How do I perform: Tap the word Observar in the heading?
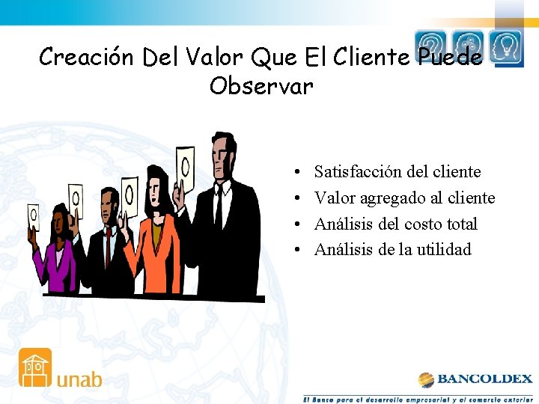click(261, 87)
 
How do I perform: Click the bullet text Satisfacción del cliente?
click(397, 172)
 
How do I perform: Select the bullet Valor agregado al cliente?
click(404, 198)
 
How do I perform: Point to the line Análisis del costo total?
click(395, 224)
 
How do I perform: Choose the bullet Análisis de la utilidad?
click(392, 249)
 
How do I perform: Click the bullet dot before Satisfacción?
click(298, 173)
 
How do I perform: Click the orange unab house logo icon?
click(35, 367)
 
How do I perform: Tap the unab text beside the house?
click(79, 379)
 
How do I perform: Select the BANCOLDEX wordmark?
click(484, 379)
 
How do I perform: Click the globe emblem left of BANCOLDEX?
click(426, 379)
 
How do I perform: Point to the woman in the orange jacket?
click(155, 239)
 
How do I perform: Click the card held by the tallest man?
click(184, 162)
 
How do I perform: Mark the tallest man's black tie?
click(219, 206)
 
